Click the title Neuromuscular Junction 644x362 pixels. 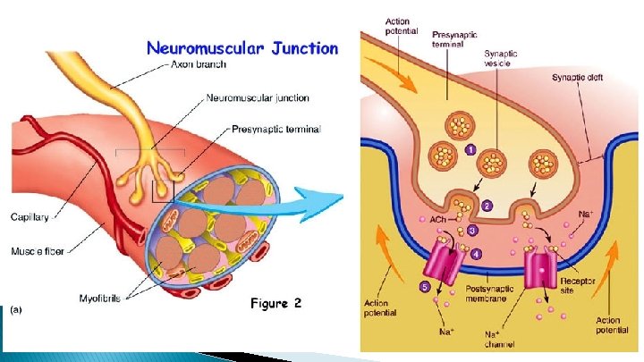pyautogui.click(x=241, y=48)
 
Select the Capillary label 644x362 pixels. pyautogui.click(x=30, y=215)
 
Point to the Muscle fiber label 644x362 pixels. pyautogui.click(x=36, y=253)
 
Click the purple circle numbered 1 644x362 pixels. pyautogui.click(x=469, y=150)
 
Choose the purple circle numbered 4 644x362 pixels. pyautogui.click(x=477, y=253)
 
